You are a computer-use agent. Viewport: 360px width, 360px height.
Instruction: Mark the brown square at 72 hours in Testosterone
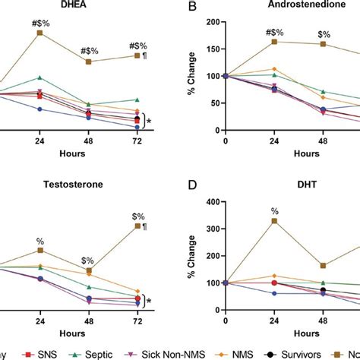[137, 226]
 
